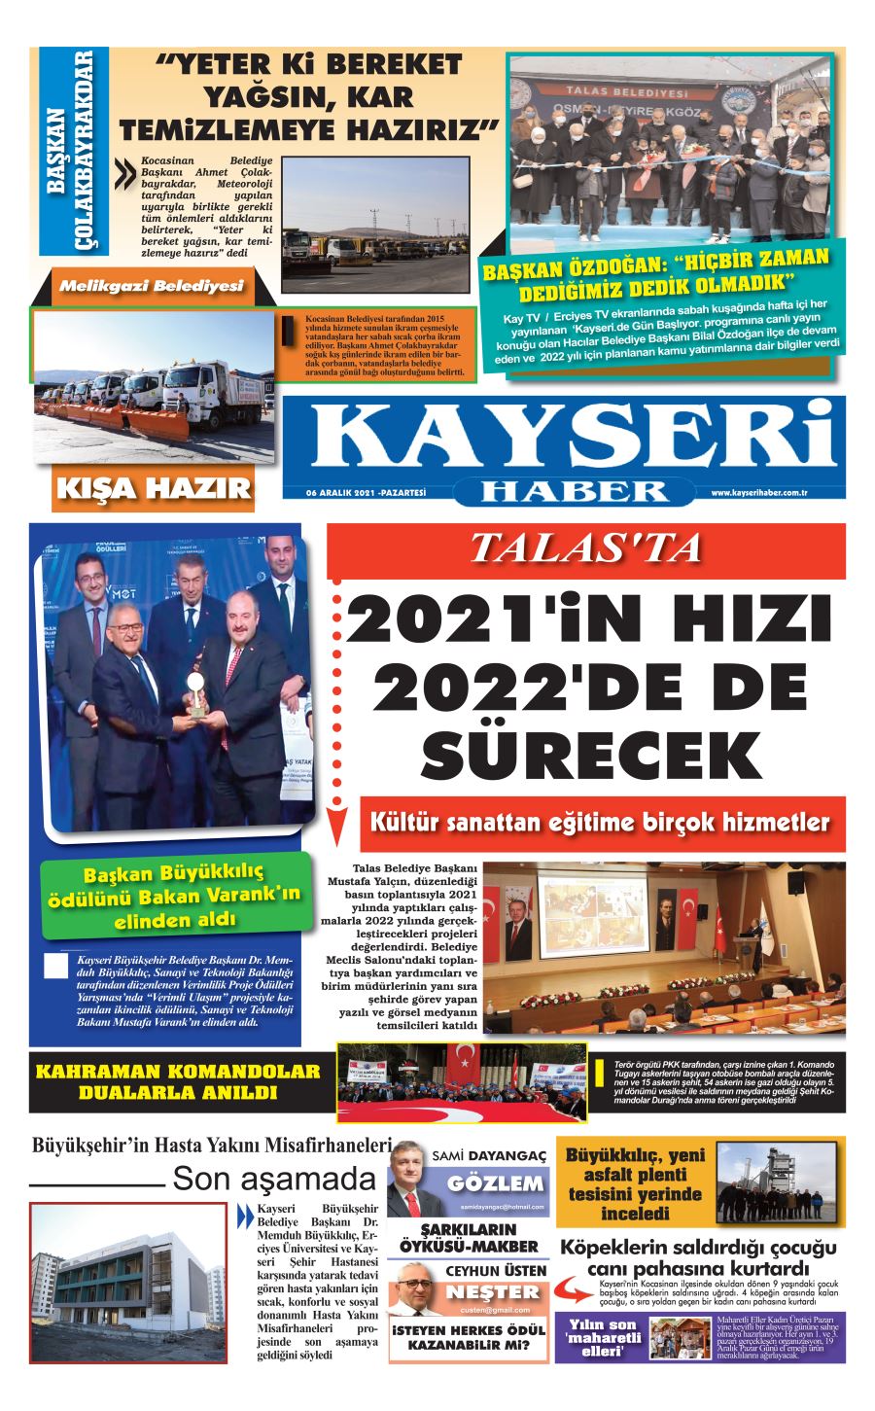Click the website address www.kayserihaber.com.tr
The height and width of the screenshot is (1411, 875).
759,493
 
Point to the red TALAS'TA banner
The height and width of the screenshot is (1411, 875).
585,549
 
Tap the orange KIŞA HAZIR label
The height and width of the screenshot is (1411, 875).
153,487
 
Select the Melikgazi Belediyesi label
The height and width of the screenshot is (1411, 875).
151,287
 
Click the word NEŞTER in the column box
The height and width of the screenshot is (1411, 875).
492,1292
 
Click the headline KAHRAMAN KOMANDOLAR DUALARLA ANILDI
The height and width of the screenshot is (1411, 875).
178,1081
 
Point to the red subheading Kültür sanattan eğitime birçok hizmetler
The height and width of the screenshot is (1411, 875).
601,823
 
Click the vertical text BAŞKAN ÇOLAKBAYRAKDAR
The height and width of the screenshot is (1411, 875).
73,151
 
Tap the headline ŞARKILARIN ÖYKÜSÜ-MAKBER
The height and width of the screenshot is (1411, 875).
469,1238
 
